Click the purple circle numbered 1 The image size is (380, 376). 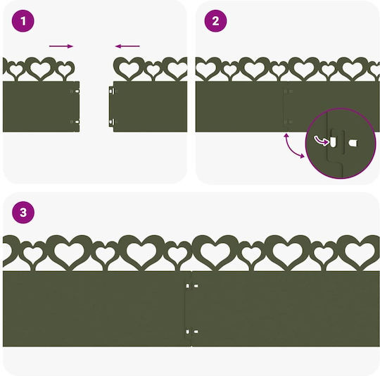coord(23,21)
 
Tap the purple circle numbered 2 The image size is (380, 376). coord(216,21)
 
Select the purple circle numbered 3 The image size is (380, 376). coord(23,213)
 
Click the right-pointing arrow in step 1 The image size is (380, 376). coord(61,46)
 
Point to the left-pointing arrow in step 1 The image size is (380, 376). coord(127,46)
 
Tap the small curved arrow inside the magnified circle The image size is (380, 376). coord(322,141)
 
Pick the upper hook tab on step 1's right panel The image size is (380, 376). coord(112,92)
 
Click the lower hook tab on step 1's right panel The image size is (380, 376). coord(112,122)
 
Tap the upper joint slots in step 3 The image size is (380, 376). coord(192,286)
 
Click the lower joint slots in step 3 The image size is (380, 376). coord(192,332)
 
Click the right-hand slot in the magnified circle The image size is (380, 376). coord(353,143)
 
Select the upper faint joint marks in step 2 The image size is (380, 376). coord(288,92)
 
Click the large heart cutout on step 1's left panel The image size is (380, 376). coord(40,68)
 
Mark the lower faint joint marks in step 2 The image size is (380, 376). coord(288,122)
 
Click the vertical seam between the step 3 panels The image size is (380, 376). coord(191,308)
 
